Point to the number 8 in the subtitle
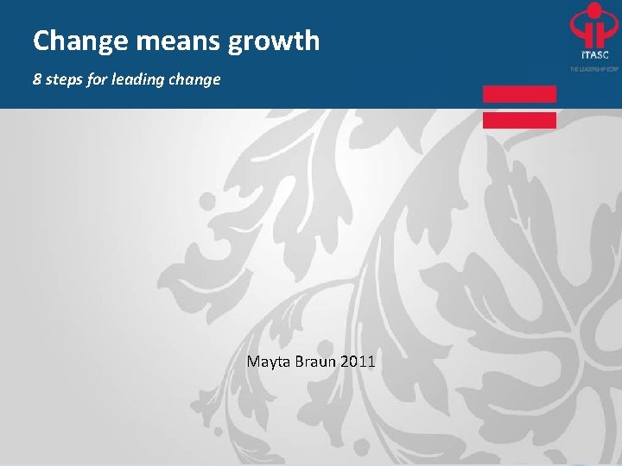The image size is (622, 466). click(37, 79)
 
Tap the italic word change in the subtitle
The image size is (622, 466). click(194, 80)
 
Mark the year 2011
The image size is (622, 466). click(358, 361)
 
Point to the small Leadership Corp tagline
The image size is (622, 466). click(593, 67)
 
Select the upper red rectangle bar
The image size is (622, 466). click(519, 94)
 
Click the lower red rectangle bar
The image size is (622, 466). click(519, 120)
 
